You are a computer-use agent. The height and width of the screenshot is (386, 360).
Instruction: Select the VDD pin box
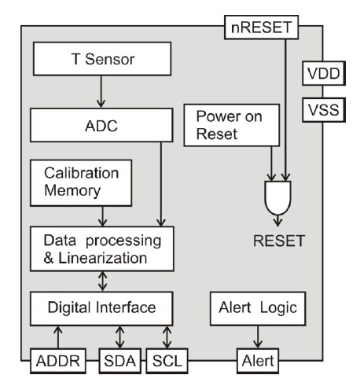[321, 74]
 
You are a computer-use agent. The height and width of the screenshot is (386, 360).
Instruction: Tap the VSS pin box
[321, 110]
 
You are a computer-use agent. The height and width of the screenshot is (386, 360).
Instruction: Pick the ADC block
[100, 124]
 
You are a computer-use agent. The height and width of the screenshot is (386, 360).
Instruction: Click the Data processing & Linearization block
[100, 246]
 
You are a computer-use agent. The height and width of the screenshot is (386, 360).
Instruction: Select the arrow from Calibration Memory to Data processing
[100, 214]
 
